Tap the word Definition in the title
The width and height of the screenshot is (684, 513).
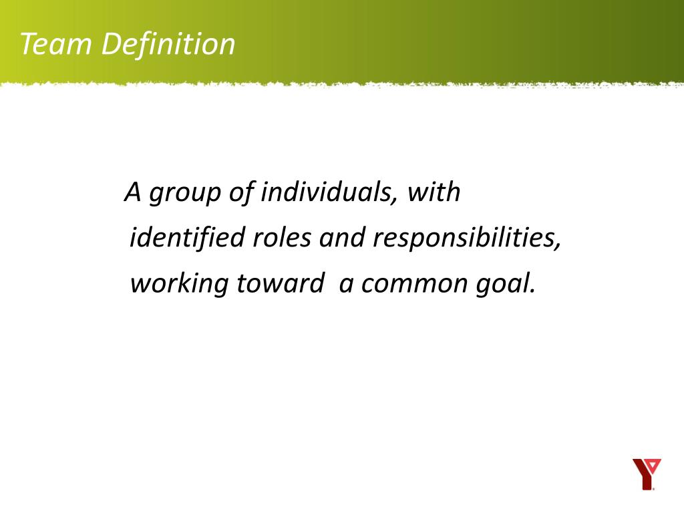tap(169, 45)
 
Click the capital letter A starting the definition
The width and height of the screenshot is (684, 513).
tap(134, 192)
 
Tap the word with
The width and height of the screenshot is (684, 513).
tap(434, 192)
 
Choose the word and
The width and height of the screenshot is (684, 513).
tap(342, 238)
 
